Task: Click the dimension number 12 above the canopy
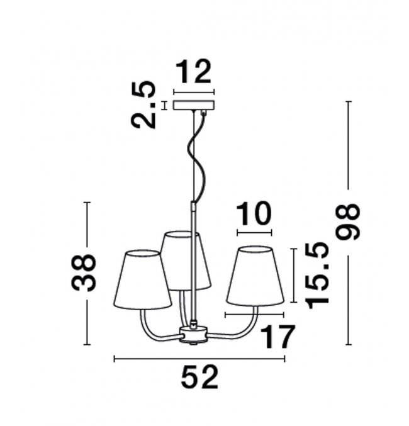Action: [194, 71]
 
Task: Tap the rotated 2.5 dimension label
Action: [143, 104]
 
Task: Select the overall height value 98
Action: [348, 222]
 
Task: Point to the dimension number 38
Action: [84, 272]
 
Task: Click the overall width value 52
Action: [199, 378]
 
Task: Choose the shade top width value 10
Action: [254, 214]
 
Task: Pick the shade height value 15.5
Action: [317, 275]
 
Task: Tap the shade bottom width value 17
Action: [277, 337]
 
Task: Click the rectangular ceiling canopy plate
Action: [194, 106]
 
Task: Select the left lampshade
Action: [142, 280]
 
